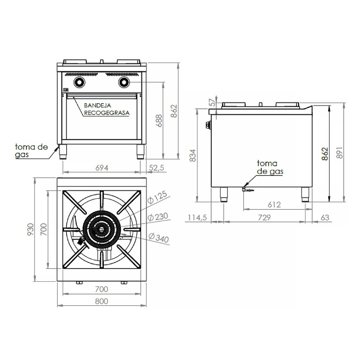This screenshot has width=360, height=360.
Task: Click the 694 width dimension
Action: [x=102, y=168]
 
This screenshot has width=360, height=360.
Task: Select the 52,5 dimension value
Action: [x=157, y=168]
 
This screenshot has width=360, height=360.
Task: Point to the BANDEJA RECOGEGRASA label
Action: [x=106, y=109]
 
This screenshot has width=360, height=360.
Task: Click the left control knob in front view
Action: [x=79, y=82]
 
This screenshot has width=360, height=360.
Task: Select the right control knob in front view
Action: [x=124, y=82]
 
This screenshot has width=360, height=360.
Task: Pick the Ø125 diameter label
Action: [x=157, y=198]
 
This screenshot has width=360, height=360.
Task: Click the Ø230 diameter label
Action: [x=158, y=217]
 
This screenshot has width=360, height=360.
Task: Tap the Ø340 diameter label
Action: [x=159, y=238]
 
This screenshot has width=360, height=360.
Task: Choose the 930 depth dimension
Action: [x=31, y=229]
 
